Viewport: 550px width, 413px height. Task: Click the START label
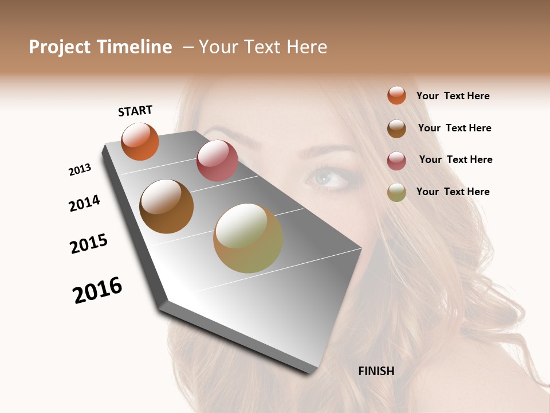point(135,111)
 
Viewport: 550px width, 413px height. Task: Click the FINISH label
point(376,371)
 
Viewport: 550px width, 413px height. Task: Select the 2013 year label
point(80,170)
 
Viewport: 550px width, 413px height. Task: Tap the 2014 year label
point(84,204)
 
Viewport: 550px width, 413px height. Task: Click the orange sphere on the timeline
point(140,141)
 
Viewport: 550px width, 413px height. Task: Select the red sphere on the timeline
point(217,161)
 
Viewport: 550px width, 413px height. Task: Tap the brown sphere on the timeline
point(166,206)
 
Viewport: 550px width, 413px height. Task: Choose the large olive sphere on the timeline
point(247,238)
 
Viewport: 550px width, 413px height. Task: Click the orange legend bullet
point(396,95)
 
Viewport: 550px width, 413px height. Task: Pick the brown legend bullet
point(396,128)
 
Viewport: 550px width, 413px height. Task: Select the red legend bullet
point(396,161)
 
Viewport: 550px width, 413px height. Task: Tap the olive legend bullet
point(396,193)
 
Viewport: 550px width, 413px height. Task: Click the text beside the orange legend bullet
point(453,96)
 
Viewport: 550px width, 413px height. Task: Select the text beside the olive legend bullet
point(453,192)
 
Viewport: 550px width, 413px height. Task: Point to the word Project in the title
point(60,48)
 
